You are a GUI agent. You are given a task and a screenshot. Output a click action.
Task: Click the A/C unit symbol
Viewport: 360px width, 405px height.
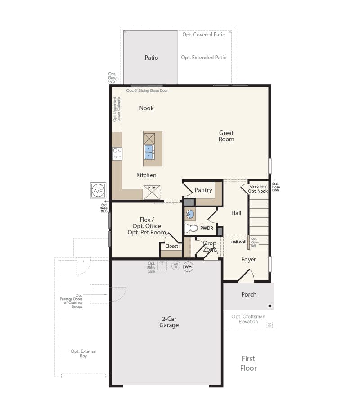tap(98, 190)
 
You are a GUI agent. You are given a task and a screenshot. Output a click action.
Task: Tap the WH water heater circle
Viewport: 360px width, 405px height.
tap(188, 267)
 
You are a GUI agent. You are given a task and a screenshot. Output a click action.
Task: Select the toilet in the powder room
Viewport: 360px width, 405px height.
tap(192, 228)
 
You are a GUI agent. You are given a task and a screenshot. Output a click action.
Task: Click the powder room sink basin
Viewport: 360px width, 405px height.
tap(190, 214)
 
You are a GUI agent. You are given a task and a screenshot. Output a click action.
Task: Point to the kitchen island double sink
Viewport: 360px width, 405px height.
tap(149, 152)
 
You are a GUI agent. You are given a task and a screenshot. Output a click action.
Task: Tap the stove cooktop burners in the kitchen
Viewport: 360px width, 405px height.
tap(117, 154)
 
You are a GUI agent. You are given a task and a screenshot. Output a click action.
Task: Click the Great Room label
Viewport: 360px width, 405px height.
tap(226, 136)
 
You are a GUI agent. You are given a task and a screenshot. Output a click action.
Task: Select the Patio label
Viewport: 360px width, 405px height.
tap(151, 58)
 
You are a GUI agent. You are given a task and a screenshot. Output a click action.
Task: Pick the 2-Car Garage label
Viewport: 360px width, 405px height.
tap(170, 322)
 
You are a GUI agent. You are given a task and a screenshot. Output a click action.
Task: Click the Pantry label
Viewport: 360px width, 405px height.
tap(203, 190)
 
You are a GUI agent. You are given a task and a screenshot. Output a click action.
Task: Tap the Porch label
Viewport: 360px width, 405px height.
tap(249, 294)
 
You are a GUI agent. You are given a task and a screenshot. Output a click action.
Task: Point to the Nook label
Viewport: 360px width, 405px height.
tap(146, 108)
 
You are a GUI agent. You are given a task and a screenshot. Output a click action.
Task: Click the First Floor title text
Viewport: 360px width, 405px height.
tap(248, 363)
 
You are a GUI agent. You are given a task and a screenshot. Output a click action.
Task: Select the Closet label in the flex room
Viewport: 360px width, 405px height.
tap(171, 246)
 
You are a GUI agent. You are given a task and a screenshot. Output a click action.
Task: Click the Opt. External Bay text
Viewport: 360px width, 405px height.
tap(83, 353)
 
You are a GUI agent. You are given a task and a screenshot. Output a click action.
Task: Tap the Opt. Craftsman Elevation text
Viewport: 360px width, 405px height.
tap(248, 319)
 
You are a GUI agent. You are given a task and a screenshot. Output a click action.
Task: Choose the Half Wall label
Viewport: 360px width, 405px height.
tap(238, 242)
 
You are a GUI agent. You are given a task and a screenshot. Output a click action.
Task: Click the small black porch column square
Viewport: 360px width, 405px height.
tap(270, 306)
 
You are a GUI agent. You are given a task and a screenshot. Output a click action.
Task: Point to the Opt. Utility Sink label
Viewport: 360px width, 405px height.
tap(152, 268)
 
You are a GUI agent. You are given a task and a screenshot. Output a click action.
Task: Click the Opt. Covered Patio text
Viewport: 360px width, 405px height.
tap(203, 35)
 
